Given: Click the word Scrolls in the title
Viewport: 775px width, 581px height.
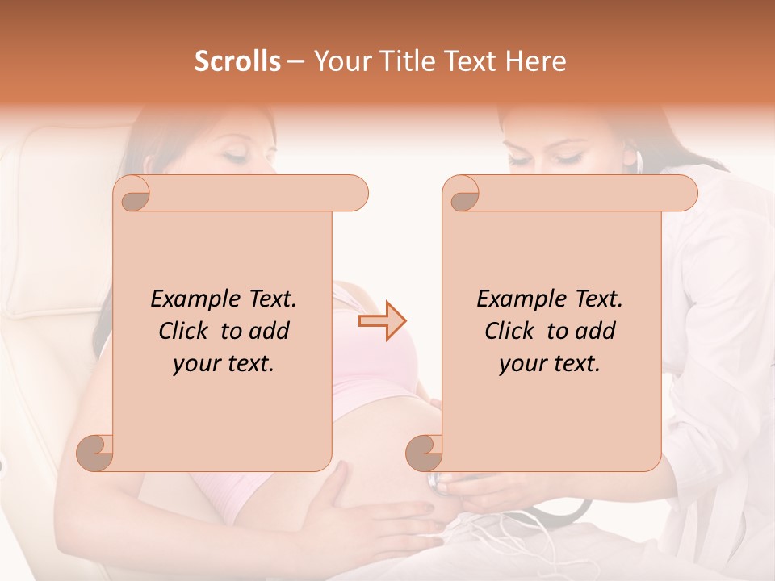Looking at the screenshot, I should pos(237,61).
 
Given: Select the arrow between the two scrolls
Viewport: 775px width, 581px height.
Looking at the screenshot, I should pos(383,321).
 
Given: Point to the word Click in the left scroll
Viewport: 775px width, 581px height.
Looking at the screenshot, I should pos(186,331).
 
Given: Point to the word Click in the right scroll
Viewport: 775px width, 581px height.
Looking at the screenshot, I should pos(513,331).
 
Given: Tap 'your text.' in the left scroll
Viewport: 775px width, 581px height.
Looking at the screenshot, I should pos(224,363).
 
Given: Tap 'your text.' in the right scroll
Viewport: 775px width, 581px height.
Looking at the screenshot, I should pos(550,363).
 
